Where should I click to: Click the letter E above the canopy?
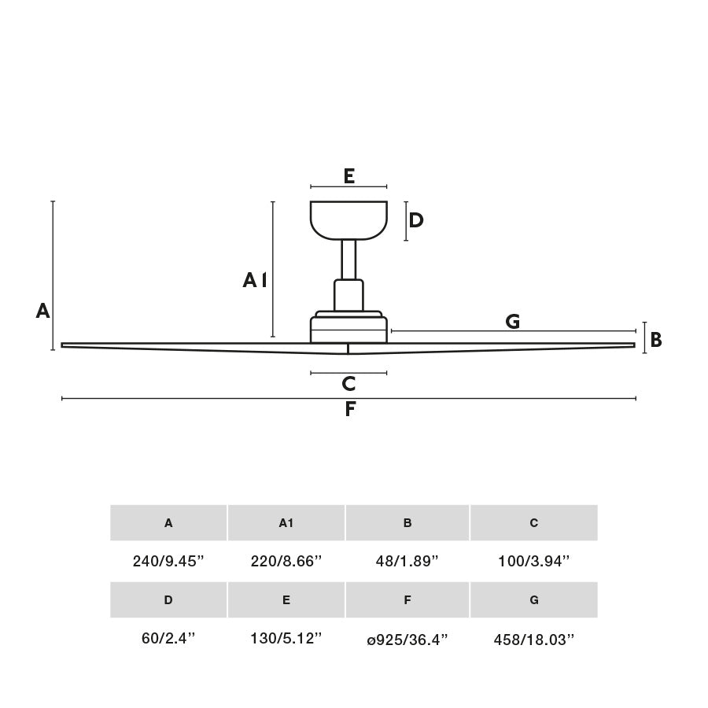(x=348, y=176)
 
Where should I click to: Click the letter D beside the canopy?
(x=416, y=221)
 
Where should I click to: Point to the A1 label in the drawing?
(x=255, y=280)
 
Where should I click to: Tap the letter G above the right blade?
(x=512, y=321)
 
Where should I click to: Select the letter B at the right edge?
(x=655, y=340)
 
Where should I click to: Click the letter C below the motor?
(x=348, y=385)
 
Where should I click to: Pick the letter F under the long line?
(x=350, y=410)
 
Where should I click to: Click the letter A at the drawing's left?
(x=42, y=312)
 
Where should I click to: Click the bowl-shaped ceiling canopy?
(x=348, y=219)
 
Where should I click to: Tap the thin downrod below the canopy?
(x=348, y=259)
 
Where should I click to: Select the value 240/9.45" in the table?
(x=168, y=562)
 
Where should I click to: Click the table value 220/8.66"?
(x=286, y=562)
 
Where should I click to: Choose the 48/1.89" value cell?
(x=407, y=562)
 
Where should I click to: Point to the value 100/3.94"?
(x=533, y=562)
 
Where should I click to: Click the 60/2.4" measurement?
(x=168, y=639)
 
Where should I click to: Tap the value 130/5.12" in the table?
(x=286, y=639)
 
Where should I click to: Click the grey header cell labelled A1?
(x=286, y=522)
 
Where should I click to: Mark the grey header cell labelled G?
(x=533, y=599)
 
